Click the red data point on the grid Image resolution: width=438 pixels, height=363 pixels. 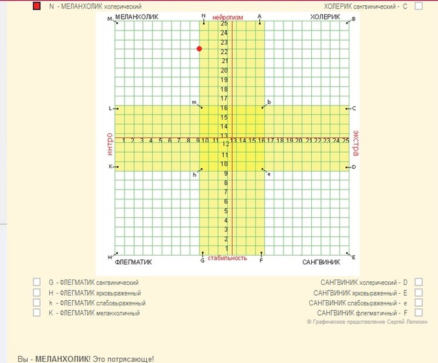[199, 49]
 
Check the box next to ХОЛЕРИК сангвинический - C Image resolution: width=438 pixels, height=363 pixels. [419, 6]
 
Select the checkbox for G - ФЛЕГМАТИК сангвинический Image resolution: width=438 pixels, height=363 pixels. [36, 282]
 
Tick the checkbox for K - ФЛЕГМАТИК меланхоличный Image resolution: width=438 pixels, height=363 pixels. [36, 313]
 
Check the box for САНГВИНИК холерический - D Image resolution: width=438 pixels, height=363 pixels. [419, 282]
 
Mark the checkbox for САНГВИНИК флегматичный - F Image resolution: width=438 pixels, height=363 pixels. [419, 313]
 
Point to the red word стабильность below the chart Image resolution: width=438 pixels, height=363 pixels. [230, 259]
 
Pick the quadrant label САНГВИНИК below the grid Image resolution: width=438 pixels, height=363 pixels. [321, 263]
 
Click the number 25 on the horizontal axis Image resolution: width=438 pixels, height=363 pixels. [345, 140]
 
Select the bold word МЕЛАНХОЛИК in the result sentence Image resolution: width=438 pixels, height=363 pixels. [62, 358]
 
